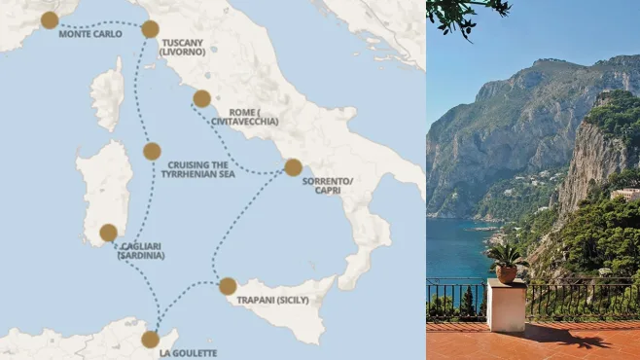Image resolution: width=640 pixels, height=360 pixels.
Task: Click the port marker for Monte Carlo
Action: tap(50, 19)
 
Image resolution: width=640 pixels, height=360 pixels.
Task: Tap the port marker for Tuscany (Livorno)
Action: tap(150, 29)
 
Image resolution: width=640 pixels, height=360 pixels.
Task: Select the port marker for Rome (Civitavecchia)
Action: tap(201, 98)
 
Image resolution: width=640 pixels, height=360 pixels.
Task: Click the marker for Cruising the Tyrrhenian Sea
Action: tap(152, 151)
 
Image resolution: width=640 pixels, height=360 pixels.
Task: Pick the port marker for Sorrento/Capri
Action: tap(293, 167)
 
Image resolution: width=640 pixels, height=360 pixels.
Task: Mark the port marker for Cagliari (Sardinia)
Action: tap(108, 233)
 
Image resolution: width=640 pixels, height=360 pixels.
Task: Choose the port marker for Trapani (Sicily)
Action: tap(228, 286)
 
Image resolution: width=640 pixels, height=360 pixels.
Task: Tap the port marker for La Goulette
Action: tap(150, 340)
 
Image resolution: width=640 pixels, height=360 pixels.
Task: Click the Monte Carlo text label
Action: tap(90, 34)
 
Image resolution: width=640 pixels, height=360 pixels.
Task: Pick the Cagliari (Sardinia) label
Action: tap(142, 251)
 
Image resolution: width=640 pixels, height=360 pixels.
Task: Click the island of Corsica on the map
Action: tap(107, 94)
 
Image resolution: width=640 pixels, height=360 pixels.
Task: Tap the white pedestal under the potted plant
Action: tap(507, 306)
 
